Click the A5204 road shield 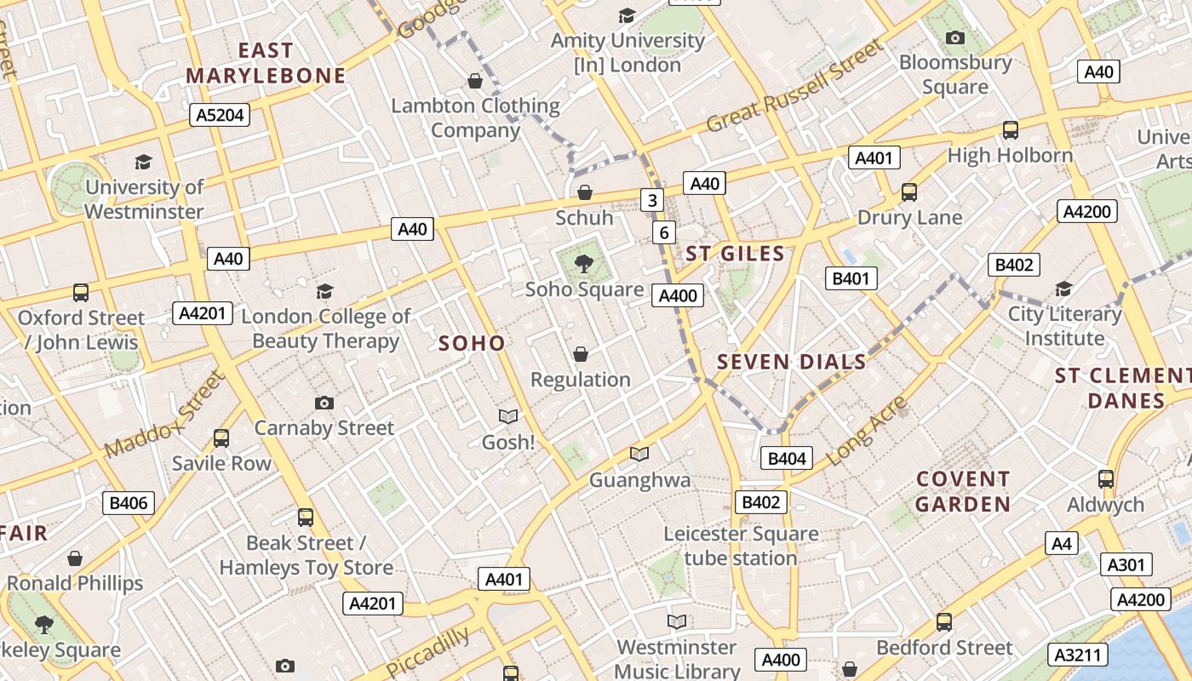(221, 115)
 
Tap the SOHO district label (472, 344)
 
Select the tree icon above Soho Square (584, 264)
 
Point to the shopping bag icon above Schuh (585, 193)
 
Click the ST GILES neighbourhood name (735, 254)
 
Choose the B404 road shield (787, 459)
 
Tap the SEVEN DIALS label (791, 363)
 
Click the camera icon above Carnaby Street (324, 403)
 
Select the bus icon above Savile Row (221, 438)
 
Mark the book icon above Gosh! (508, 416)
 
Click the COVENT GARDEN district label (963, 491)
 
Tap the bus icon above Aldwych (1106, 479)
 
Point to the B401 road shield (851, 278)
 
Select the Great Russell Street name (796, 87)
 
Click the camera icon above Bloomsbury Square (955, 37)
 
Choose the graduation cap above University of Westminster (143, 162)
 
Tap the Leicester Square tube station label (741, 546)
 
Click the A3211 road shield (1081, 655)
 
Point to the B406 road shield (129, 503)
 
